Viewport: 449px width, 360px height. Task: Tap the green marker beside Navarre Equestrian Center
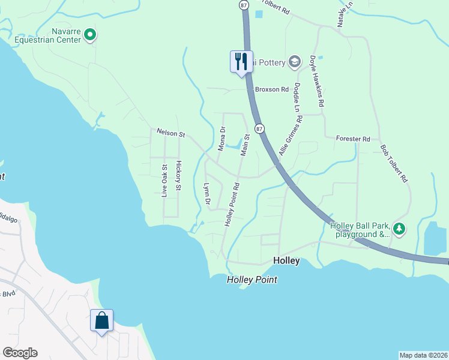[90, 35]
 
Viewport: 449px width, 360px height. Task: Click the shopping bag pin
[101, 320]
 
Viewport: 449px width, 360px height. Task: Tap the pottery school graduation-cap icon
[295, 61]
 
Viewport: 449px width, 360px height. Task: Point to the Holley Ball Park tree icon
[399, 229]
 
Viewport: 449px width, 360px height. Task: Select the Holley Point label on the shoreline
[253, 280]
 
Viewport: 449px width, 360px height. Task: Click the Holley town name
[286, 261]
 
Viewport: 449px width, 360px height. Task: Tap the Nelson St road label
[170, 133]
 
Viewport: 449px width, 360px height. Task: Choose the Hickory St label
[178, 176]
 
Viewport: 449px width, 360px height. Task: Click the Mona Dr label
[222, 139]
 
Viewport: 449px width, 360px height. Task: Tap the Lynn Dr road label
[207, 196]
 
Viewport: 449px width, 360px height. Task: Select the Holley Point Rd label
[232, 204]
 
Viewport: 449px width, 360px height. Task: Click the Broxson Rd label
[272, 89]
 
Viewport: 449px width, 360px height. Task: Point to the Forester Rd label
[354, 139]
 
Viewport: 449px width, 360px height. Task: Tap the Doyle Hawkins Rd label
[317, 82]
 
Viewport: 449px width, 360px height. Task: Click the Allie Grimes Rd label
[291, 136]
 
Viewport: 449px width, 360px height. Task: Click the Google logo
[20, 353]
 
